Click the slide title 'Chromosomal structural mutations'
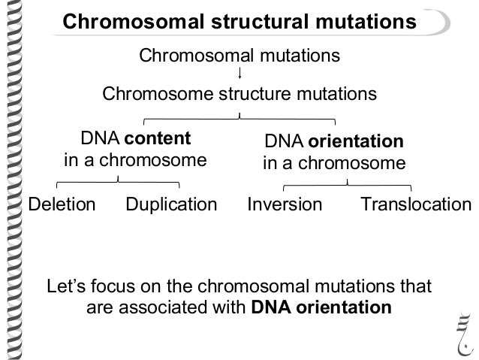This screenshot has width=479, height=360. point(239,22)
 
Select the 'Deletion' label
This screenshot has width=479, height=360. point(62,204)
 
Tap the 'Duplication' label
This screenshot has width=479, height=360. point(170,204)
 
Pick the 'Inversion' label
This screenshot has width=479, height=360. point(285,204)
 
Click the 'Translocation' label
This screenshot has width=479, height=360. point(416,204)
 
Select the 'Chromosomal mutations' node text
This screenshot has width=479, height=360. point(239,56)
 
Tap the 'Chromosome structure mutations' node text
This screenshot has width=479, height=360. point(239,95)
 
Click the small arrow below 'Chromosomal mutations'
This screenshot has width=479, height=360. point(239,74)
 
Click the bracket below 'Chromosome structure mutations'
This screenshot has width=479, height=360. point(239,117)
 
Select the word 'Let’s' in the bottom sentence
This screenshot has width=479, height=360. point(67,287)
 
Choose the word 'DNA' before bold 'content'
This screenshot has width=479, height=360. point(95,140)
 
